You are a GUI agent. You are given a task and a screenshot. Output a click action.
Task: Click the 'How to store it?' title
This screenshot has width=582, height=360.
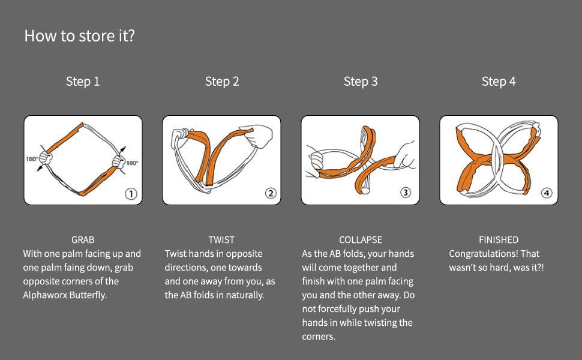tap(79, 36)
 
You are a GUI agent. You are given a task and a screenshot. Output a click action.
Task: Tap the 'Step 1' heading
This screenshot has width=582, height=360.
tap(83, 81)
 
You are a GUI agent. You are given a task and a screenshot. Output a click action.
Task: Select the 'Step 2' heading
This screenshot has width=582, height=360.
tap(222, 81)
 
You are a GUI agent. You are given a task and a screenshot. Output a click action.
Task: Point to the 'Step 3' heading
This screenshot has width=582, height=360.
tap(361, 81)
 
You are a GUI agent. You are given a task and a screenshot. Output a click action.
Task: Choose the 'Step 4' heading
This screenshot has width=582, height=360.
tap(499, 81)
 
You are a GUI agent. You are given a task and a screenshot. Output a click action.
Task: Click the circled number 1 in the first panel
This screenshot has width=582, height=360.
tap(131, 194)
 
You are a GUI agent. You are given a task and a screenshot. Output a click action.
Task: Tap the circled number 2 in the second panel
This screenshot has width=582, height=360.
tap(271, 193)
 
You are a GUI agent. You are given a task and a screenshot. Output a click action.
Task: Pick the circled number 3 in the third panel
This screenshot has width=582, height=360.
tap(406, 192)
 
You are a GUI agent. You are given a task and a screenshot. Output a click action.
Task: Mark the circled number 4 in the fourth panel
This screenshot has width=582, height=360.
tap(547, 193)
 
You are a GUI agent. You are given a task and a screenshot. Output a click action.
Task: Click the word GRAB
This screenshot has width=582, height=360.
tap(83, 240)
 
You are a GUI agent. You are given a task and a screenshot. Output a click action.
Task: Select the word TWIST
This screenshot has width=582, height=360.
tap(221, 240)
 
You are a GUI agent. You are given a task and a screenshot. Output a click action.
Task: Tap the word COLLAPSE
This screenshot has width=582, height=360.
tap(361, 240)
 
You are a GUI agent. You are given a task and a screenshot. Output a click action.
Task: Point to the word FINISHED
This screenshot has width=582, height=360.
tap(499, 240)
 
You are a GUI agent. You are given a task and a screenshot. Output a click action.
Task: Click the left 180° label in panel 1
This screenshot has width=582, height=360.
tap(32, 159)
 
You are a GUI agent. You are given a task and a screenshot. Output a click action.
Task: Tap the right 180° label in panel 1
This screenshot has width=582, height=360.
tap(132, 163)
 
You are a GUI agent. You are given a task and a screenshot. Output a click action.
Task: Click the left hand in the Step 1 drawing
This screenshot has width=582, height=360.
tap(46, 158)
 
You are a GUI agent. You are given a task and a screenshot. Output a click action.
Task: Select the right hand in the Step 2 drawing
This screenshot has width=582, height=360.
tap(256, 136)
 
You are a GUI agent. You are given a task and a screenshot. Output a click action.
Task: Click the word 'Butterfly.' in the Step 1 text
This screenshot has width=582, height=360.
tap(88, 295)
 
